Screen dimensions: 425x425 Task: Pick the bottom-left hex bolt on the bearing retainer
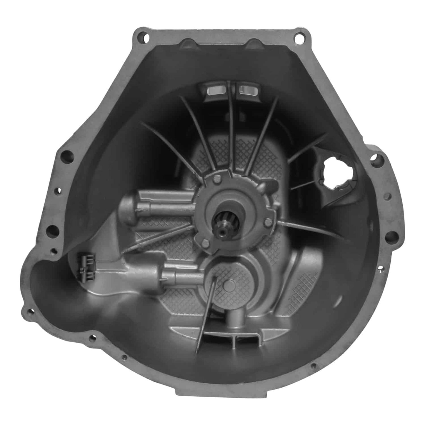click(206, 242)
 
